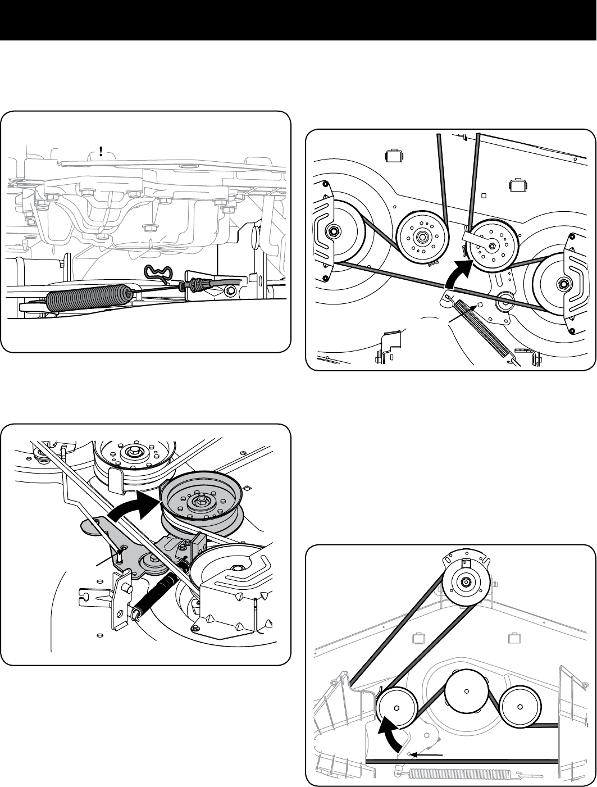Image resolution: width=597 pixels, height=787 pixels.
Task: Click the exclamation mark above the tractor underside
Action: pyautogui.click(x=101, y=152)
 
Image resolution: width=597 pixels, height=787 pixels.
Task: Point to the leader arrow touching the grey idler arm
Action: pyautogui.click(x=107, y=562)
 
